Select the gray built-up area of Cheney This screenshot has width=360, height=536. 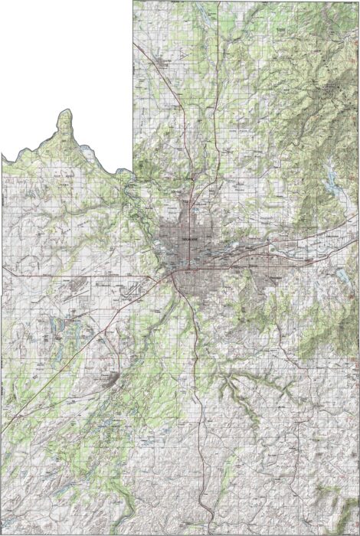point(110,381)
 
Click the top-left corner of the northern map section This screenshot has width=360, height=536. point(133,2)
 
